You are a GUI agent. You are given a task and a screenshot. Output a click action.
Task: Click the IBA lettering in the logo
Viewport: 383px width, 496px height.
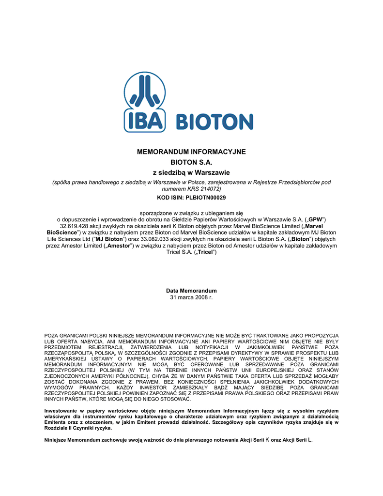(x=144, y=121)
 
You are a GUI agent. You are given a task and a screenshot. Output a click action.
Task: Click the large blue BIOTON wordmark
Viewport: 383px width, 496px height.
(x=214, y=122)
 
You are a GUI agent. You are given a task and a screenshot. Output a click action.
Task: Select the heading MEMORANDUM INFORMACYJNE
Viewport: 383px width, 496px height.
(x=191, y=152)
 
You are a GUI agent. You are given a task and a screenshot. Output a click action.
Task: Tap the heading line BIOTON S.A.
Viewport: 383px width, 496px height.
(x=191, y=162)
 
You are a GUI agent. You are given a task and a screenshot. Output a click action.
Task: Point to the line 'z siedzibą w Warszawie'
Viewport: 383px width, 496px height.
(x=191, y=172)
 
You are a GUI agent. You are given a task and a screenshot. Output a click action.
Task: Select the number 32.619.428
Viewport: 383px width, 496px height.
(x=77, y=226)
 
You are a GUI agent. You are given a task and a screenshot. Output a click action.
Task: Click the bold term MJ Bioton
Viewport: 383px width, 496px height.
(x=109, y=239)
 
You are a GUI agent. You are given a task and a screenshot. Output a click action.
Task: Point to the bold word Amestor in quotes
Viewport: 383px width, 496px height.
(x=120, y=246)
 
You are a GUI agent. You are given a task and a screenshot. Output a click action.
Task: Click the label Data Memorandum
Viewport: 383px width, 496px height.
(x=191, y=291)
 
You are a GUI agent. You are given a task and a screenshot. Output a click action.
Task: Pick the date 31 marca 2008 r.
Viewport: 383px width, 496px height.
(x=191, y=297)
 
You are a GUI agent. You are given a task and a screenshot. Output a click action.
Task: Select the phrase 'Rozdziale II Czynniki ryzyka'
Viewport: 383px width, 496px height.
(x=77, y=428)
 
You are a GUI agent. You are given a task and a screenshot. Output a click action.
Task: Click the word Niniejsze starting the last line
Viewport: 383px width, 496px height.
(x=56, y=440)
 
